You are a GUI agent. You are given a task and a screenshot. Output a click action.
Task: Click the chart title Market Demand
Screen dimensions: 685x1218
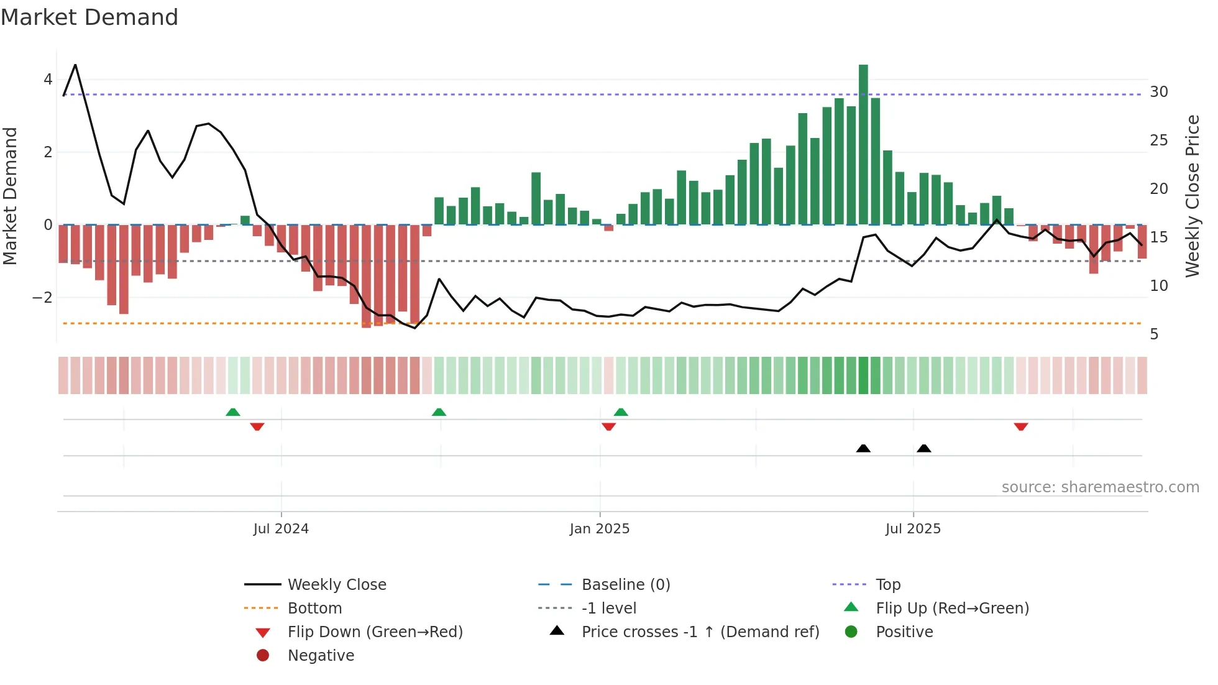(x=89, y=17)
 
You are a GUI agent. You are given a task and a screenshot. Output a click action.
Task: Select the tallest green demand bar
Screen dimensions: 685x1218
(x=863, y=144)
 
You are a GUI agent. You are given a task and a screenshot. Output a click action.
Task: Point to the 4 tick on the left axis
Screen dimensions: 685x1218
(x=48, y=80)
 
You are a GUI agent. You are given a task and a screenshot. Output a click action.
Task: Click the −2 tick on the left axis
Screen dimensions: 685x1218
(x=43, y=298)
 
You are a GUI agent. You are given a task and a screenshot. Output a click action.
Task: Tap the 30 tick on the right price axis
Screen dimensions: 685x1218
(x=1158, y=92)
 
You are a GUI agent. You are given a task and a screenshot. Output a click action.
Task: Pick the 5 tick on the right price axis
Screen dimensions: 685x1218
(x=1154, y=334)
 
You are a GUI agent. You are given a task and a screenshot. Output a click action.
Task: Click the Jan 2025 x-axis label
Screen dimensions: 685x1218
(x=600, y=529)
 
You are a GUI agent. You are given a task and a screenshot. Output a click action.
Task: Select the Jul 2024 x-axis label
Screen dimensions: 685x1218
(x=281, y=529)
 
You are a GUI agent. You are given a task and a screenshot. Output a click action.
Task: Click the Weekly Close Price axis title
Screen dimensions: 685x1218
(x=1192, y=196)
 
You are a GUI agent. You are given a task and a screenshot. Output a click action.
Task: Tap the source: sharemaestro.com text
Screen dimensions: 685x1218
(x=1100, y=487)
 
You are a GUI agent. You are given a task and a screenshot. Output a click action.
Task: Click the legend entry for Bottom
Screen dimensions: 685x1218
(x=314, y=609)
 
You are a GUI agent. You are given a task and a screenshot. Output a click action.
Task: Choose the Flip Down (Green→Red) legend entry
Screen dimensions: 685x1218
(x=375, y=632)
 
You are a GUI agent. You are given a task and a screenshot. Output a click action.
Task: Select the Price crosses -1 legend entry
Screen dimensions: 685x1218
(x=700, y=632)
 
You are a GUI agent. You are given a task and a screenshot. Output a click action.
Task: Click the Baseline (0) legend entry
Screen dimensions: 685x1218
(x=626, y=585)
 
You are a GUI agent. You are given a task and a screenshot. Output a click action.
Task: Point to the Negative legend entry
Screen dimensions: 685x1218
(x=321, y=656)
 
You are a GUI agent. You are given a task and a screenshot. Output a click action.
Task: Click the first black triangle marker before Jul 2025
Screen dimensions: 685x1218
(x=863, y=448)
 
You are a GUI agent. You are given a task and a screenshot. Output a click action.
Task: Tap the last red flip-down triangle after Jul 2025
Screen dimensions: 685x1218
(x=1021, y=426)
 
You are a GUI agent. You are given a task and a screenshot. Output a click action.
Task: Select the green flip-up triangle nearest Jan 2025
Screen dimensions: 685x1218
(x=621, y=412)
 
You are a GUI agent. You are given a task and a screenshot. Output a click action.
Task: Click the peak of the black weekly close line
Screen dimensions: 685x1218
(x=75, y=65)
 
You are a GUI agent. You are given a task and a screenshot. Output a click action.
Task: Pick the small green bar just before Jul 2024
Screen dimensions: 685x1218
(x=245, y=220)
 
